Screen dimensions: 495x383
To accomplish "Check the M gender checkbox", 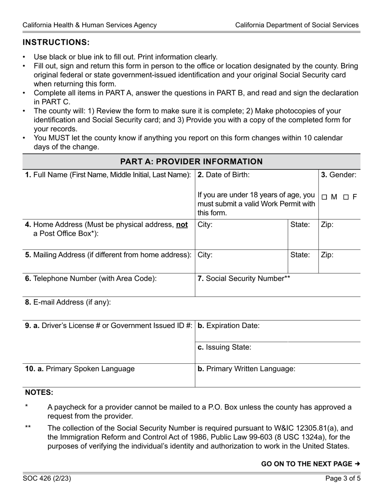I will click(x=325, y=197).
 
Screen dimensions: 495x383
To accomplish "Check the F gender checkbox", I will click(x=346, y=197).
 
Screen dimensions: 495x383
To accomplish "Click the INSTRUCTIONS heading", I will click(x=56, y=43).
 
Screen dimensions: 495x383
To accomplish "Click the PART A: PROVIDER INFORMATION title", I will click(x=191, y=162).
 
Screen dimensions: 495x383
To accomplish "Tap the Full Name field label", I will click(x=108, y=175).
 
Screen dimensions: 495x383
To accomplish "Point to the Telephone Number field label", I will click(x=91, y=278).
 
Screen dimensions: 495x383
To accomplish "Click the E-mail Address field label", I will click(x=68, y=302).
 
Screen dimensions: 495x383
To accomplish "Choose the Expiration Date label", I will click(x=229, y=326).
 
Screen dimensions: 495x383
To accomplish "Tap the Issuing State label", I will click(x=224, y=347).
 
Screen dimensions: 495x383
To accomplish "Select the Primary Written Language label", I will click(x=246, y=369).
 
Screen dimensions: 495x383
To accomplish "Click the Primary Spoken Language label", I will click(x=80, y=369).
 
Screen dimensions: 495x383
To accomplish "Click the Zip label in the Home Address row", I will click(x=327, y=225).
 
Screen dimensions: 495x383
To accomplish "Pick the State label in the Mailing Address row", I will click(x=300, y=255).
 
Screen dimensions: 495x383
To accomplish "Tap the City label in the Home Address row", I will click(x=205, y=225).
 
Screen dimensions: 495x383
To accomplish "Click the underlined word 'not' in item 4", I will click(x=182, y=225).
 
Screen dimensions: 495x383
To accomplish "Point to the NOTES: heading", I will click(x=39, y=392).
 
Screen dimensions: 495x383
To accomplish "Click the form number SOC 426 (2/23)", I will click(x=47, y=479).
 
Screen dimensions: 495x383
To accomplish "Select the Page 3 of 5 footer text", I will click(x=343, y=479).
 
